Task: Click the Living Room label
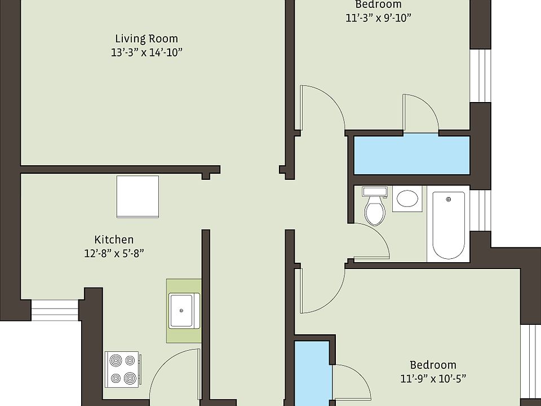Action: click(147, 39)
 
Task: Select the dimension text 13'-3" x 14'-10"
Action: click(147, 52)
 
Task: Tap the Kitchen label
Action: click(114, 240)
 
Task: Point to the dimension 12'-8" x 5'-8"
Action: click(114, 253)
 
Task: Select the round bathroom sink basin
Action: click(407, 198)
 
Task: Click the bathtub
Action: click(448, 224)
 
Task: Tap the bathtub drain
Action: click(449, 199)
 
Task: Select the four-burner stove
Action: click(122, 369)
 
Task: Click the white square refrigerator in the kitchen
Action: click(138, 196)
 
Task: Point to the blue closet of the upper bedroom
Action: click(411, 155)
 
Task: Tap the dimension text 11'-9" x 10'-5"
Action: click(433, 378)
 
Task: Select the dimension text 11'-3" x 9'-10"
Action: click(378, 17)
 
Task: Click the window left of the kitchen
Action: click(54, 310)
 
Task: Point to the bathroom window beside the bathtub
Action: click(480, 210)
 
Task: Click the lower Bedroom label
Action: click(433, 365)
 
